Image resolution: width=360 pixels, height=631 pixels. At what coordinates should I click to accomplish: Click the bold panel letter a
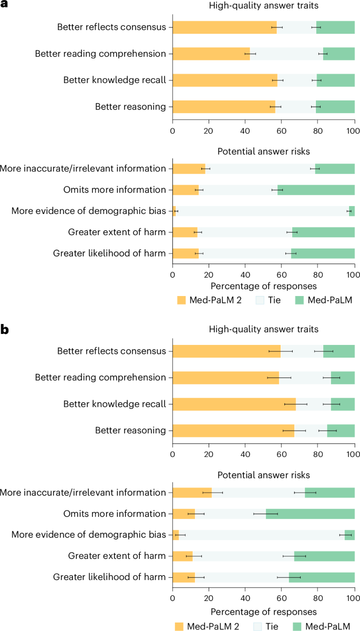click(x=5, y=6)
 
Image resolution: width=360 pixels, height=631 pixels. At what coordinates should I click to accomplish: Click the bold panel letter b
click(x=5, y=330)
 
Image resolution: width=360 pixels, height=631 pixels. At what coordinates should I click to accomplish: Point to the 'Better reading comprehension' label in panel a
click(x=100, y=53)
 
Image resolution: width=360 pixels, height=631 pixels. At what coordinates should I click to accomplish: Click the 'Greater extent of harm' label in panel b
click(x=117, y=556)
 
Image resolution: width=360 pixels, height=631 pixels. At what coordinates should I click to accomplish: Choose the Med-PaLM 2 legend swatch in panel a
click(x=181, y=300)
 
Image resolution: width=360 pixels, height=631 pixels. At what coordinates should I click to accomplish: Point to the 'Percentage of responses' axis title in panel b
click(x=263, y=612)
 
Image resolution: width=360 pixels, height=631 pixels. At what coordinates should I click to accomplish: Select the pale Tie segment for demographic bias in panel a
click(x=262, y=211)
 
